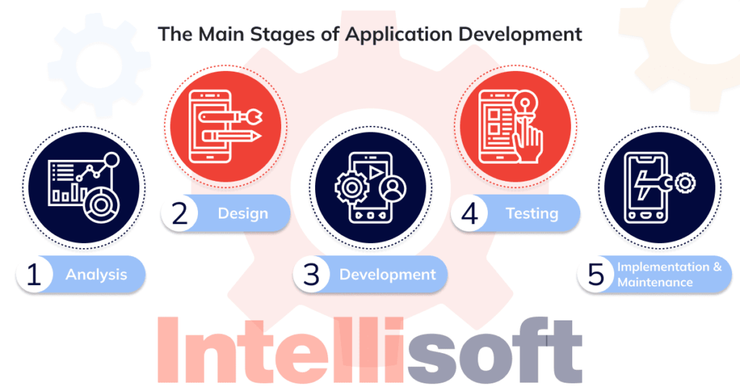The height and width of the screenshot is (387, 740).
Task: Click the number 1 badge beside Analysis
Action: point(33,275)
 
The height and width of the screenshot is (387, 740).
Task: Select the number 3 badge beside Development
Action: point(311,275)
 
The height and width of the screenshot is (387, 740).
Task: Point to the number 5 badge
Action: point(595,275)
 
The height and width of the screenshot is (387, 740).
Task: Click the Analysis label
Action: point(96,275)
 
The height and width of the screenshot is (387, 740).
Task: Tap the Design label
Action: point(243,214)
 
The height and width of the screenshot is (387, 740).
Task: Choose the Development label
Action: point(387,275)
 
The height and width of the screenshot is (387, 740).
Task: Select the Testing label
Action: point(532,214)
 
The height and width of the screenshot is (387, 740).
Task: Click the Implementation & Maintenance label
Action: point(668,275)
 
